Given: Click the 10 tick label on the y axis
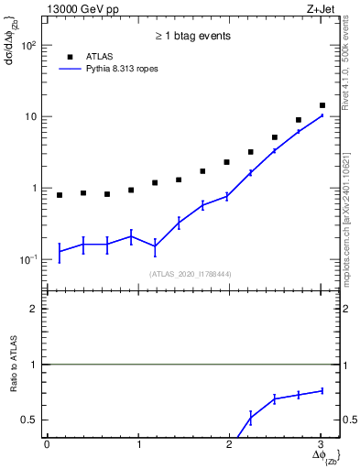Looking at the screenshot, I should pyautogui.click(x=29, y=116).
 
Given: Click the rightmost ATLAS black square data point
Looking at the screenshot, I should pyautogui.click(x=322, y=105).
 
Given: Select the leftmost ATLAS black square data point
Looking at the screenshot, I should pyautogui.click(x=60, y=195).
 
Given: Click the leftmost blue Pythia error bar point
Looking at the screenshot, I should pyautogui.click(x=60, y=250).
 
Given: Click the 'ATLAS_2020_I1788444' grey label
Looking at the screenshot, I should pyautogui.click(x=190, y=273).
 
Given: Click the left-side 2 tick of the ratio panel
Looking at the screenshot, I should pyautogui.click(x=33, y=309).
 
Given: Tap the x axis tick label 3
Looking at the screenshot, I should pyautogui.click(x=321, y=444).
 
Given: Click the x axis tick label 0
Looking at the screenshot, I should pyautogui.click(x=47, y=444).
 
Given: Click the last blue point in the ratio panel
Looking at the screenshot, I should pyautogui.click(x=322, y=391).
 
